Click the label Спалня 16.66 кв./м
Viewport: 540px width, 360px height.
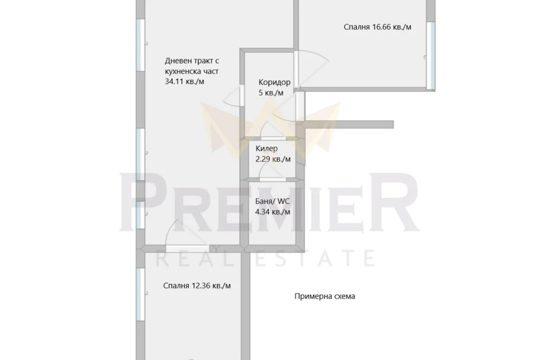tap(377, 27)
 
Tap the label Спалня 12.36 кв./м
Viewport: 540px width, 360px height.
tap(197, 286)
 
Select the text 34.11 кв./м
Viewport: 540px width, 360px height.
tap(184, 81)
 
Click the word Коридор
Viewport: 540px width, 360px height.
tap(274, 82)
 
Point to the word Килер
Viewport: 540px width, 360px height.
tap(266, 148)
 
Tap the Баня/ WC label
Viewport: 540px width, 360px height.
tap(272, 201)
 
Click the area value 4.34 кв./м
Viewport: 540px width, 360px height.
tap(272, 212)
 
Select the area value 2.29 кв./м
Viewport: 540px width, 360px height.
tap(273, 159)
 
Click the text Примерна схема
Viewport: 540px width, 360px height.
tap(325, 296)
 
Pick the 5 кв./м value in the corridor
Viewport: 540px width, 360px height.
tap(271, 93)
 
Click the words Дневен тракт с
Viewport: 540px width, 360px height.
tap(192, 61)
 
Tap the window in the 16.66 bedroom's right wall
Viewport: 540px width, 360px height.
tap(431, 56)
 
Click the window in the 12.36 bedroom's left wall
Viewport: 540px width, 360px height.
tap(140, 294)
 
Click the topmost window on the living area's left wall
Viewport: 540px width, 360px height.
tap(140, 45)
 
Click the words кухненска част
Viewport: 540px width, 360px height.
tap(192, 72)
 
